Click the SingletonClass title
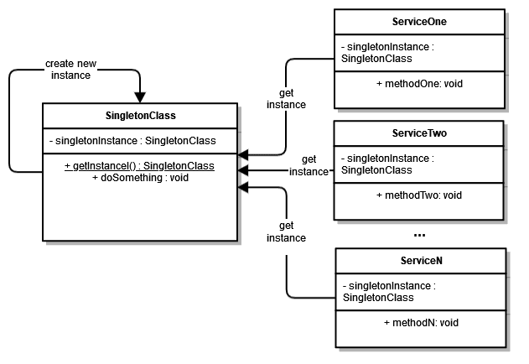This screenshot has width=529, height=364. coord(139,115)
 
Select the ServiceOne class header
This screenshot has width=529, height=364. coord(418,20)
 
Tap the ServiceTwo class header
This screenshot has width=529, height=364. coord(418,133)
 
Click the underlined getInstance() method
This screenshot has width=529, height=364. coord(139,166)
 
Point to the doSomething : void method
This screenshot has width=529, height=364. coord(139,178)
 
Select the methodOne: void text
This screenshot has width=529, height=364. coord(419,84)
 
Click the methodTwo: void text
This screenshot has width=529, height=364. coord(419,195)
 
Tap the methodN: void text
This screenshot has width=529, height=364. coord(420,322)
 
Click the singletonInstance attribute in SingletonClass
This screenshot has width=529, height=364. coord(139,140)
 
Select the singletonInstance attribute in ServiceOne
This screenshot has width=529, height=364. coord(387,52)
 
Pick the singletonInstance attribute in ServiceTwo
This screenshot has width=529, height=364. coord(387,164)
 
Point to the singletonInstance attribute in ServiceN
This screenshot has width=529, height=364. coord(389,291)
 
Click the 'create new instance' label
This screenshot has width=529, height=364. coord(71,69)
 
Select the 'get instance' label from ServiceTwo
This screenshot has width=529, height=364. coord(309,165)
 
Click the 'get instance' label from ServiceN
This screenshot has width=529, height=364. coord(287,232)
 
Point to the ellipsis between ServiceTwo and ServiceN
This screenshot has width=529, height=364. coord(419,234)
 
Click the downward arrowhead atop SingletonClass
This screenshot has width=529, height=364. coord(139,96)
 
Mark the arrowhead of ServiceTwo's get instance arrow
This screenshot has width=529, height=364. coord(243,171)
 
